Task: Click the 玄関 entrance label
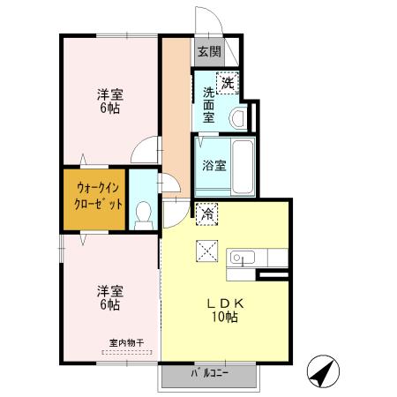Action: pyautogui.click(x=209, y=51)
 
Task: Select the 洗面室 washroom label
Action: pyautogui.click(x=208, y=104)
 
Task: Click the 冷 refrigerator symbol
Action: pyautogui.click(x=208, y=213)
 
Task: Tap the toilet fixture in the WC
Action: pyautogui.click(x=144, y=213)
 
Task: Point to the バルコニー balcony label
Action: pyautogui.click(x=210, y=374)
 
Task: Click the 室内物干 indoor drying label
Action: pyautogui.click(x=126, y=342)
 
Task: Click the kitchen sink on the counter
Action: pyautogui.click(x=243, y=258)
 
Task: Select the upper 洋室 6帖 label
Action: pyautogui.click(x=109, y=101)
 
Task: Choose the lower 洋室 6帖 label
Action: pyautogui.click(x=109, y=297)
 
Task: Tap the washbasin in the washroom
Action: pyautogui.click(x=236, y=116)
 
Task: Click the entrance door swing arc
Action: pyautogui.click(x=206, y=19)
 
